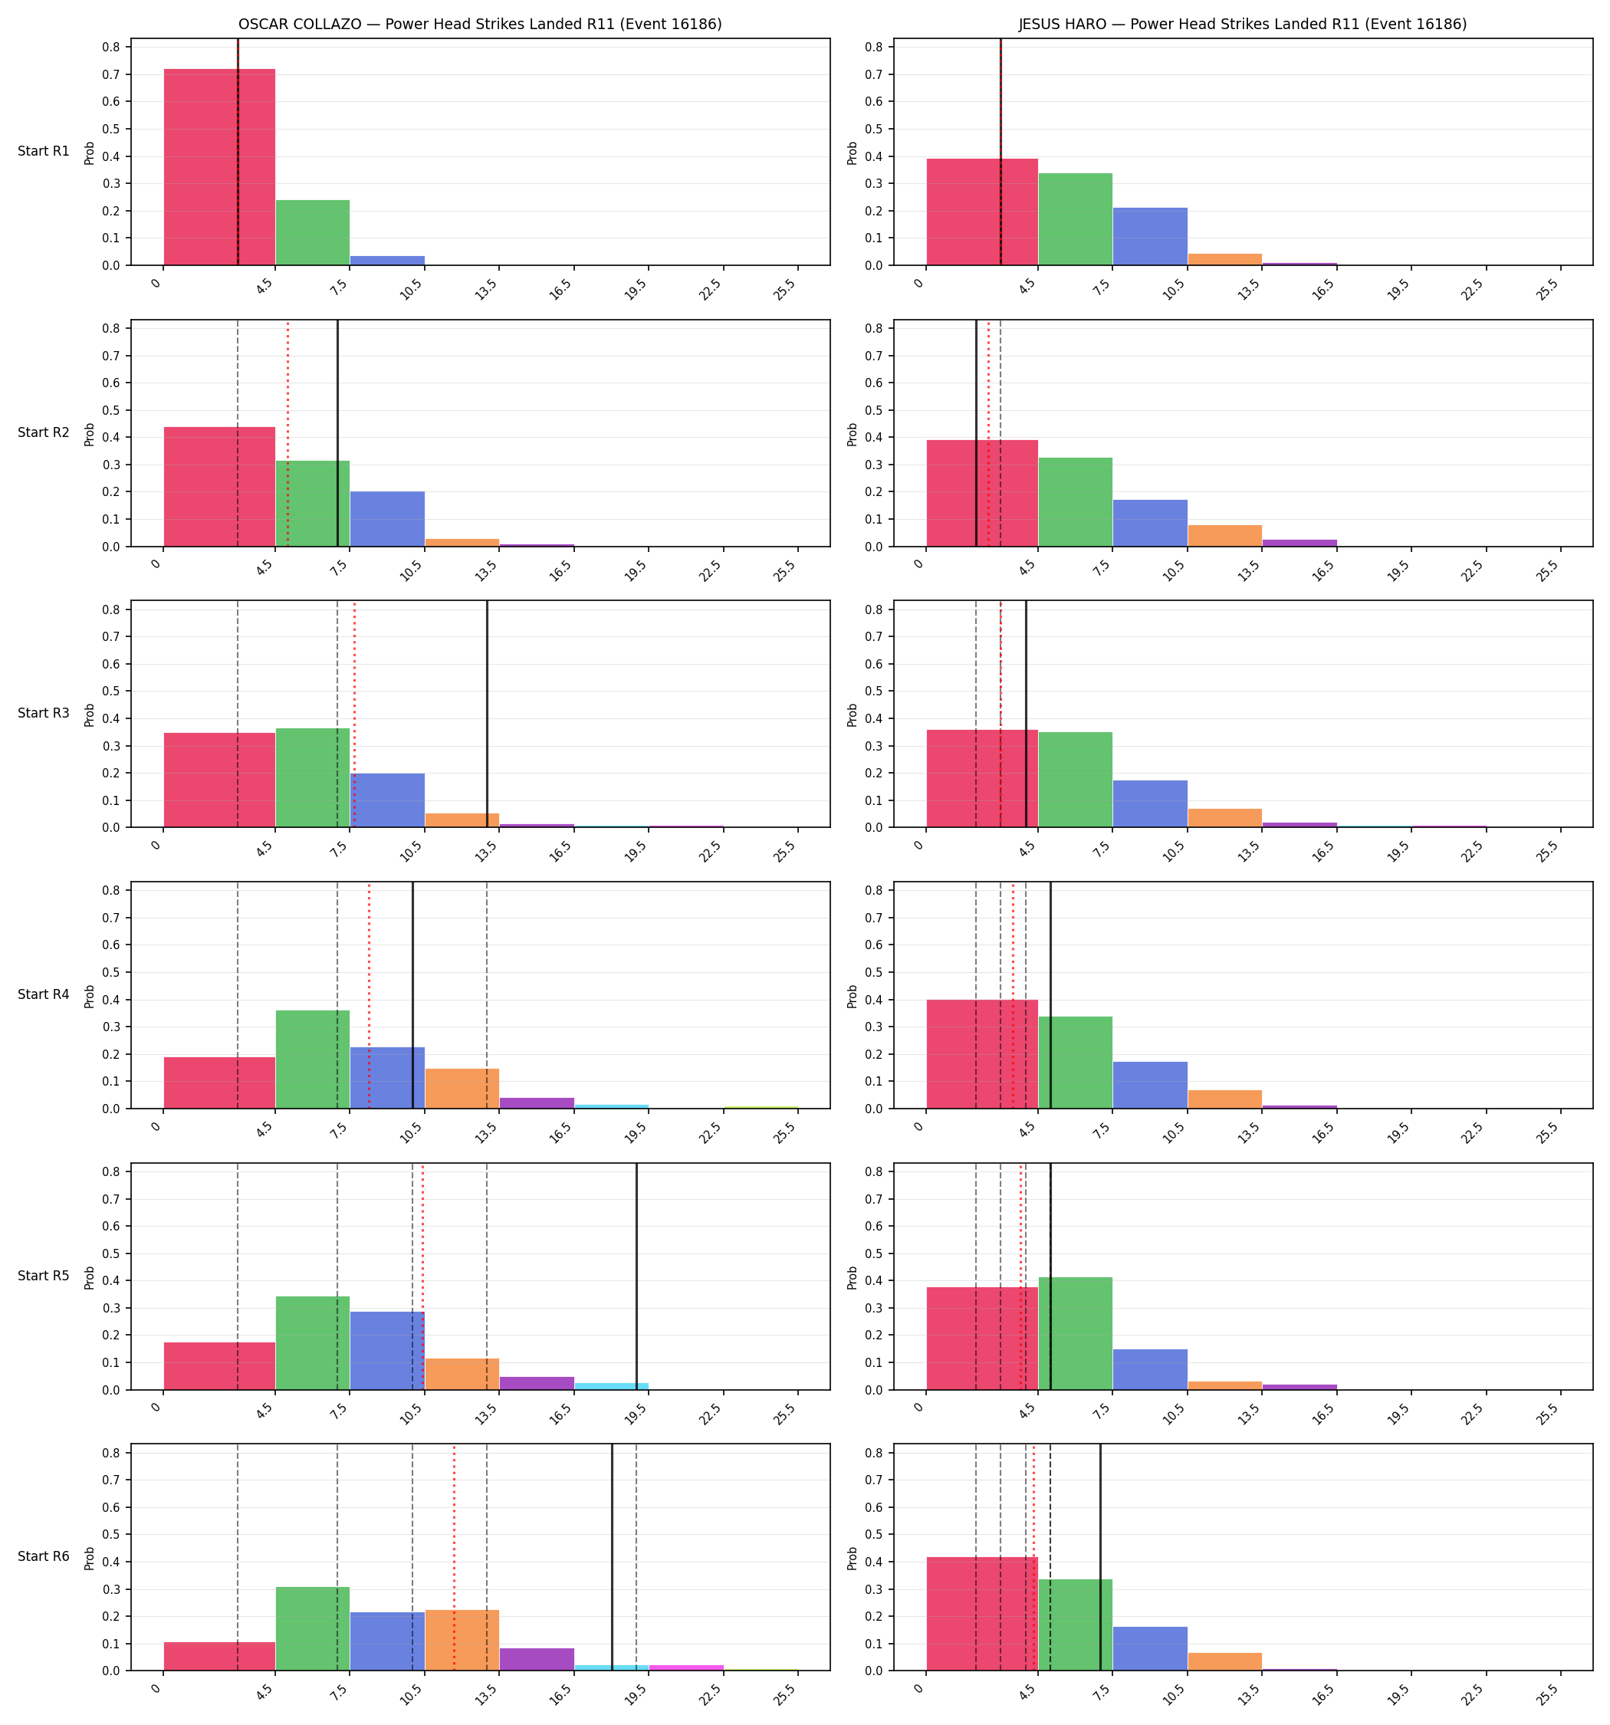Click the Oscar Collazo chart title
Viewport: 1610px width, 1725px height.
480,25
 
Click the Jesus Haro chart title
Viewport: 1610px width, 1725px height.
1243,25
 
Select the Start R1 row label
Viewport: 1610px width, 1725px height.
44,151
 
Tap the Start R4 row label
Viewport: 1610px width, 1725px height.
44,994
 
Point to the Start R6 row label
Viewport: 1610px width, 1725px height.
44,1556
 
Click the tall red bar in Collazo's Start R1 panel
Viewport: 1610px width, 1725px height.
219,167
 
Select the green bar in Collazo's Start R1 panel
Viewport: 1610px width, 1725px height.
313,232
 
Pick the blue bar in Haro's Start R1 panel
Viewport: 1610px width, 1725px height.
1150,237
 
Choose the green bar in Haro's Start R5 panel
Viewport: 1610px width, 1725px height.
1076,1334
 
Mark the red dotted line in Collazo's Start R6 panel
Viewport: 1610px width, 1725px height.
454,1558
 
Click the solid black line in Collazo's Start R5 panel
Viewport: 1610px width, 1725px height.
636,1276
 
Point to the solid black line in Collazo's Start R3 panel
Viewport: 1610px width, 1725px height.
487,714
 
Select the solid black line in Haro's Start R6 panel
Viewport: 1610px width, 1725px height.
1099,1558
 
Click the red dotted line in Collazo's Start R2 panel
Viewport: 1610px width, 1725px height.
288,434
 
